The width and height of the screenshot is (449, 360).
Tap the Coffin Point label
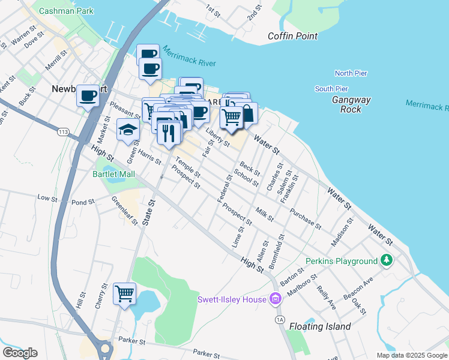292,36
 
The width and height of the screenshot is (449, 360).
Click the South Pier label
331,89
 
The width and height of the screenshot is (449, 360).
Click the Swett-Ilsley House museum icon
276,298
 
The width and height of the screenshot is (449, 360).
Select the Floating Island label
320,326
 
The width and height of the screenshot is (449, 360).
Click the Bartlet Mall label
113,174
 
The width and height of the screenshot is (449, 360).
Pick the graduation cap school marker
127,129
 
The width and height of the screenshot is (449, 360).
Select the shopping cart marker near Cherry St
124,293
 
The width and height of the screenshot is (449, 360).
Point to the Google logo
20,353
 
